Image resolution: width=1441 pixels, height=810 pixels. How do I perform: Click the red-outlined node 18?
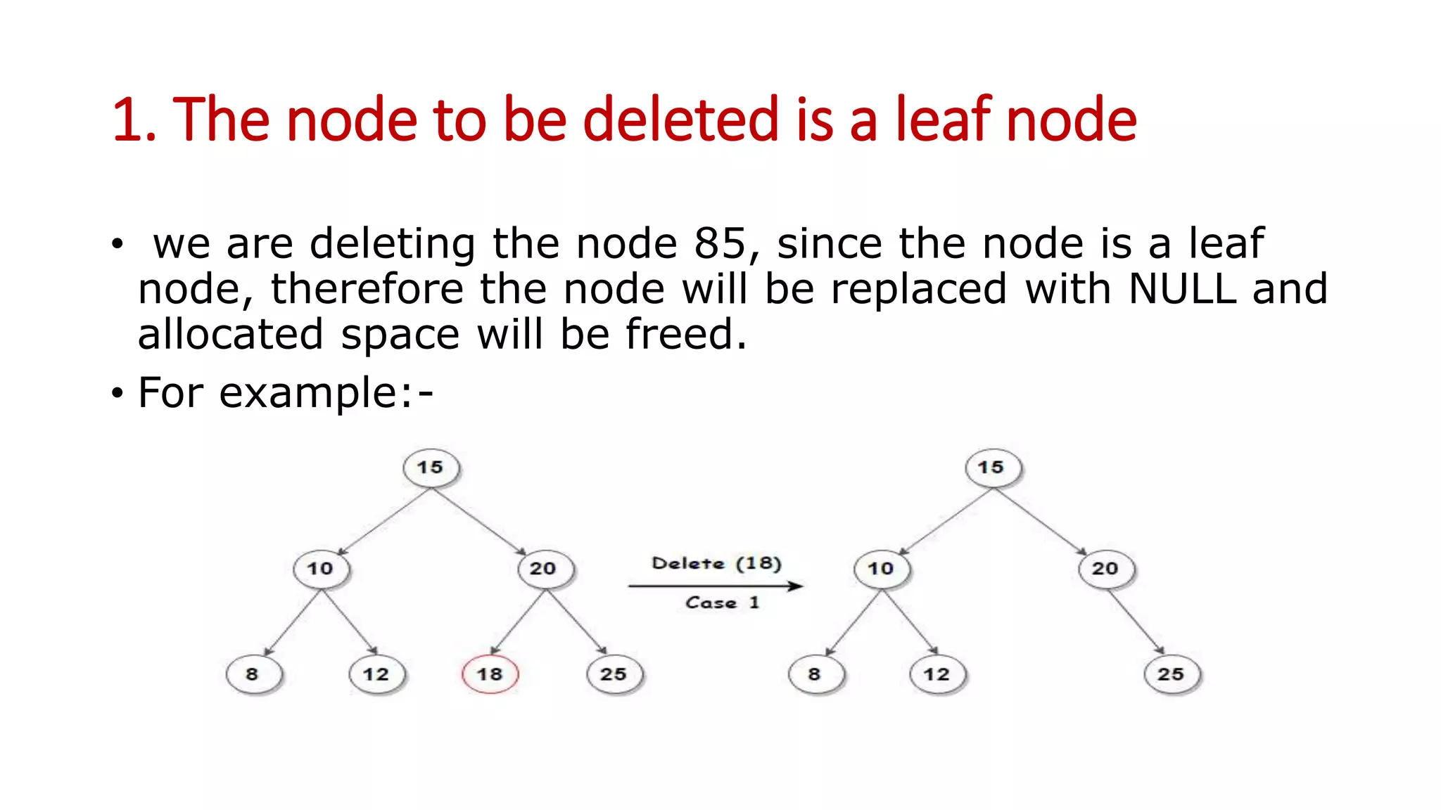[x=490, y=674]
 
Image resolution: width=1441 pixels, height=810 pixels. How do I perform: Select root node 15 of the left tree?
[x=431, y=468]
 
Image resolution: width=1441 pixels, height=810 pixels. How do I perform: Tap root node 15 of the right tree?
[x=991, y=468]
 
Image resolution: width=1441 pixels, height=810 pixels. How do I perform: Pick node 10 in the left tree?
[x=321, y=568]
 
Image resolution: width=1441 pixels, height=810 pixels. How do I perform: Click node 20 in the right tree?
[x=1105, y=568]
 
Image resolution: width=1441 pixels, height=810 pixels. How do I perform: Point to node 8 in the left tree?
[x=253, y=674]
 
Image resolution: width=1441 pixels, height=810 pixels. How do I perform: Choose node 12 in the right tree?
[x=937, y=674]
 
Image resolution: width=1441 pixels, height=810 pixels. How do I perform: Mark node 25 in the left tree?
[x=614, y=674]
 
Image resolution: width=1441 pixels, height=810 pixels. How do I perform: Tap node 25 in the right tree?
[x=1172, y=674]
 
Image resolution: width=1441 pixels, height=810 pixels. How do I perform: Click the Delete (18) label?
[x=716, y=563]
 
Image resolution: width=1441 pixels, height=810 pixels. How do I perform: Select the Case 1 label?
[x=722, y=603]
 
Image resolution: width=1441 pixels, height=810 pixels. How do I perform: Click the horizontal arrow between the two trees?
[x=715, y=586]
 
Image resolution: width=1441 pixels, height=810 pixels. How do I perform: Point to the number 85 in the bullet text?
[x=720, y=243]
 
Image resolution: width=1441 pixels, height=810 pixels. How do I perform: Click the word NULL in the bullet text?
[x=1182, y=288]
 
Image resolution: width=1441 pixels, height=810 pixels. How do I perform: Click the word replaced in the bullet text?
[x=919, y=288]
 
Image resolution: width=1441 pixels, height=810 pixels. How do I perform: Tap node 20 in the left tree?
[x=544, y=568]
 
